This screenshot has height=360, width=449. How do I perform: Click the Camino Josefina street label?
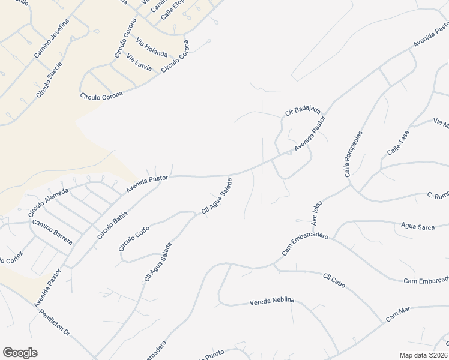(52, 38)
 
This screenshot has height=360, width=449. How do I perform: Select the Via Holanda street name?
(152, 47)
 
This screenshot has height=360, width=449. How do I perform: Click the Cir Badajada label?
(303, 111)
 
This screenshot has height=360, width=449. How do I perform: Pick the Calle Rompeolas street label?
(354, 154)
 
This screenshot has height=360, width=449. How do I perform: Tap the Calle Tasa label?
(398, 143)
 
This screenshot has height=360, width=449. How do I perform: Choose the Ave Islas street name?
(317, 212)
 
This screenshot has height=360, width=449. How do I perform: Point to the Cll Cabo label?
(336, 279)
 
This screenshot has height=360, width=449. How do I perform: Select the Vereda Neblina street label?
(273, 302)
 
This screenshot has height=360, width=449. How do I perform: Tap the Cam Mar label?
(397, 313)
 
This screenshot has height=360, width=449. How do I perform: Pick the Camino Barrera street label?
(52, 232)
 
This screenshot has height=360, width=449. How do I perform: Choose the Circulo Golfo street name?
(134, 238)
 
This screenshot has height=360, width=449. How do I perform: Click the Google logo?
(20, 353)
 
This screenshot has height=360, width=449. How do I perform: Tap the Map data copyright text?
(423, 355)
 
